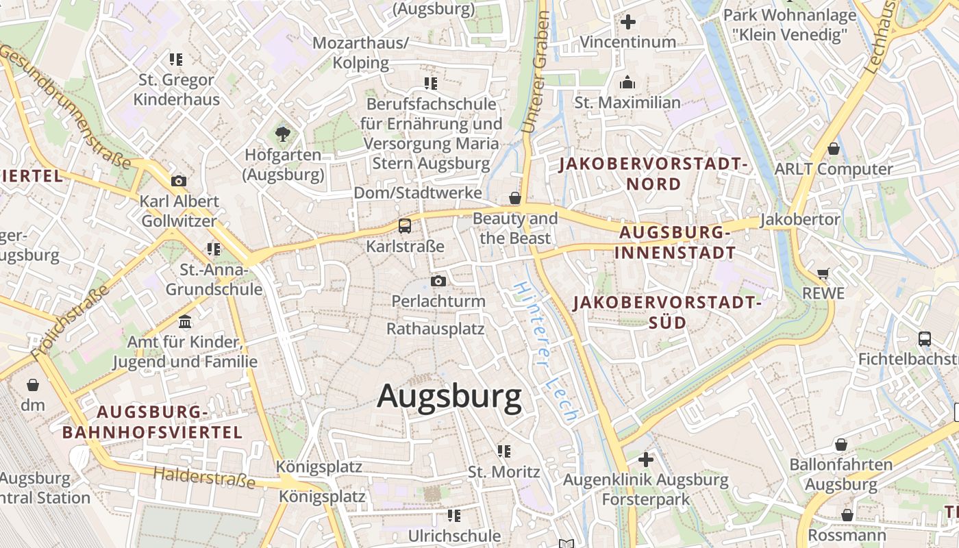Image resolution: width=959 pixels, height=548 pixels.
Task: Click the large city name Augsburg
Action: click(449, 397)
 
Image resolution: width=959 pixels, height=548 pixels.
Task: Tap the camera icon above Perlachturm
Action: click(438, 281)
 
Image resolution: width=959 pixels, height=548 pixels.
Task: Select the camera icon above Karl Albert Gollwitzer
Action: click(179, 181)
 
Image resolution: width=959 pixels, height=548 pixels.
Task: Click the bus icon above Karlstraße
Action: click(405, 225)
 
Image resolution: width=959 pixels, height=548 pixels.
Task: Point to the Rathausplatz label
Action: click(435, 329)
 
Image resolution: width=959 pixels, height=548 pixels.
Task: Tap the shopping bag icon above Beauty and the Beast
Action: click(515, 199)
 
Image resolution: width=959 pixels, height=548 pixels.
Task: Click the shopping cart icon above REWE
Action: click(823, 273)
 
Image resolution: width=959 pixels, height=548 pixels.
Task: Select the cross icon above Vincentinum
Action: click(627, 22)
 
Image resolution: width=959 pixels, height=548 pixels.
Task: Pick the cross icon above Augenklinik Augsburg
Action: click(645, 459)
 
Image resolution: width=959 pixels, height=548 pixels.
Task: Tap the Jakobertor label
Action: click(800, 220)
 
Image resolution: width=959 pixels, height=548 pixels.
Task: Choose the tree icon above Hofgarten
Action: click(282, 134)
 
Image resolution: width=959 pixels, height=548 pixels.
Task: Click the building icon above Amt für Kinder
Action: click(185, 321)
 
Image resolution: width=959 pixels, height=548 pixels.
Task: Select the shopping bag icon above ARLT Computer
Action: click(834, 149)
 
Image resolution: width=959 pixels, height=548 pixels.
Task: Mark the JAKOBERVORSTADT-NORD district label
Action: click(653, 174)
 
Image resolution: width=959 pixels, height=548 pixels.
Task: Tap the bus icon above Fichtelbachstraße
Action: click(925, 338)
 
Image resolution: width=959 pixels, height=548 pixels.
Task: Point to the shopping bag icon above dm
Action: click(32, 385)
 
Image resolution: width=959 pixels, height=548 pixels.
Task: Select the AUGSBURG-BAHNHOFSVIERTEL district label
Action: click(152, 422)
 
